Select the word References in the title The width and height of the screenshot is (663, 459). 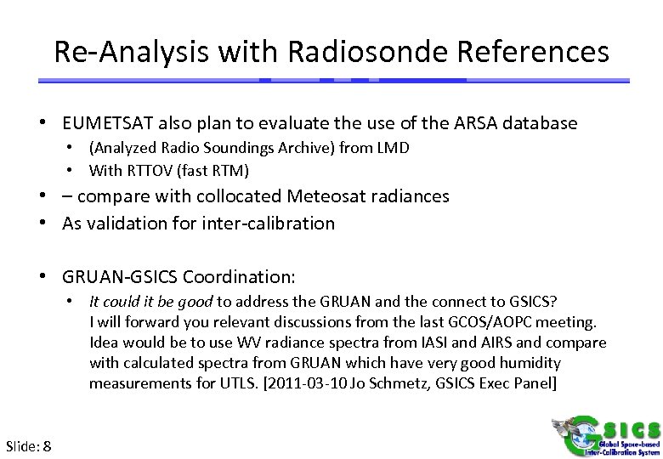coord(536,52)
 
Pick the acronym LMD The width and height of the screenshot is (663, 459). coord(394,148)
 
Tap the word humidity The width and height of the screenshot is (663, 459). coord(535,363)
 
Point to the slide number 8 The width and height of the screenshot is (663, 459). coord(47,446)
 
